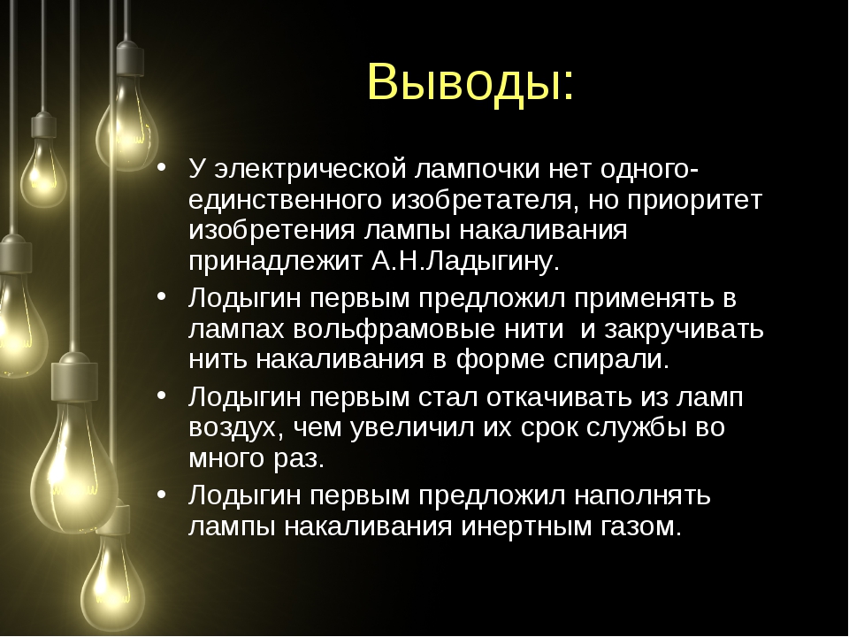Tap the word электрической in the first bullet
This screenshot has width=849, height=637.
coord(310,169)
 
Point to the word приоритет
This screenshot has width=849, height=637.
coord(695,201)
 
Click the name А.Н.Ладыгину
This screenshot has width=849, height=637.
coord(465,262)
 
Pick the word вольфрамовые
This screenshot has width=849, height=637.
coord(394,329)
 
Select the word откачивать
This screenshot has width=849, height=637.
coord(559,397)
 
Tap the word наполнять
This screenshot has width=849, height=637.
coord(642,495)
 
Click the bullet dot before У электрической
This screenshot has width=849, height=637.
coord(160,167)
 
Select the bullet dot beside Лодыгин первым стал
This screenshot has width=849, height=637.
coord(160,395)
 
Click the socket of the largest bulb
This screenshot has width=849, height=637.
coord(74,378)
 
